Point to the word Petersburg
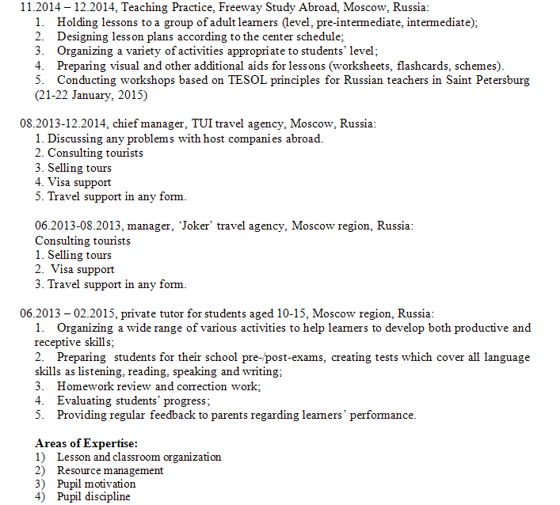(499, 81)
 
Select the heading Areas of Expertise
(86, 443)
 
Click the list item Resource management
(109, 470)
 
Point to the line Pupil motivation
(96, 484)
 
